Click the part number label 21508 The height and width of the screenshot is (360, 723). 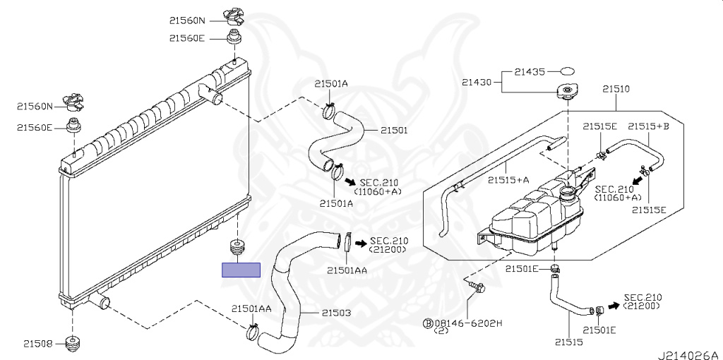tap(38, 343)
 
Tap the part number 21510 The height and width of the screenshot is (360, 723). tap(616, 89)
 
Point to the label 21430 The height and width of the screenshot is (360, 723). tap(477, 83)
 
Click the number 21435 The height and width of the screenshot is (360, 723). tap(530, 72)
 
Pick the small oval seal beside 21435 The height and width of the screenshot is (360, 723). tap(568, 71)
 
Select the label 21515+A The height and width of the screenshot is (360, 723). tap(508, 180)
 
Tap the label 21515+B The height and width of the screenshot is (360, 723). tap(648, 126)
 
